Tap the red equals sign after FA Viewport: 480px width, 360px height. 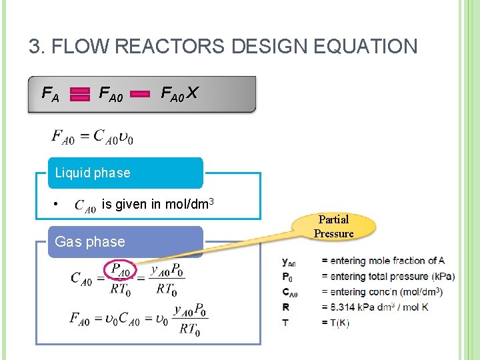[x=80, y=95]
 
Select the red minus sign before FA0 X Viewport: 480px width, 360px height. [x=140, y=95]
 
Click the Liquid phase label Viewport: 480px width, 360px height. [x=93, y=173]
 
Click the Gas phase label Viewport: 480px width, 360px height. [x=90, y=241]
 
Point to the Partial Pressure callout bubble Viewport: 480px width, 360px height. [x=333, y=227]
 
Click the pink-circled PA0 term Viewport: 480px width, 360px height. [x=121, y=271]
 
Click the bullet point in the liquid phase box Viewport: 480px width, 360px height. [x=57, y=204]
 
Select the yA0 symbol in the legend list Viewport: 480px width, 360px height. [x=289, y=261]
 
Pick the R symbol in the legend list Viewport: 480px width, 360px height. [x=285, y=307]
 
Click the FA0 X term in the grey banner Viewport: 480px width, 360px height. [x=179, y=94]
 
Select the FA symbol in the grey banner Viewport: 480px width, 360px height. [x=51, y=95]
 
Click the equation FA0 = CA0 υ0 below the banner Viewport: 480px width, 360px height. [x=93, y=137]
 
